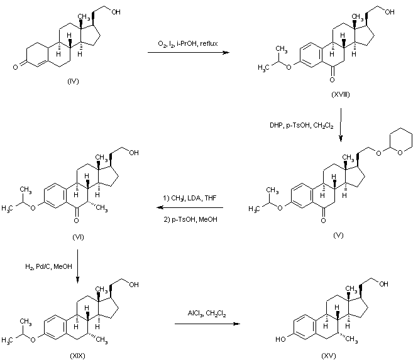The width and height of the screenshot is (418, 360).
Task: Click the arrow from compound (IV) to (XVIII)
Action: (x=187, y=53)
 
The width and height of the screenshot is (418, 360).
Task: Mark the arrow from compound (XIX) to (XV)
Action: (x=207, y=324)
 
